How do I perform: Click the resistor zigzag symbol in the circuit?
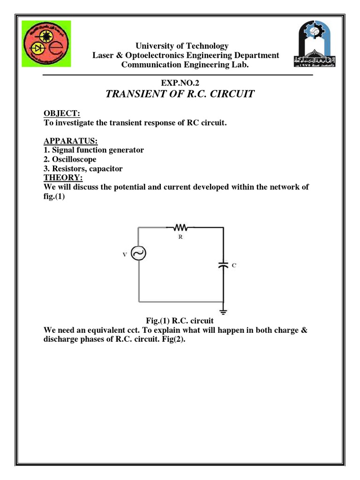(x=180, y=228)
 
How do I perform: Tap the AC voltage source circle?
(x=139, y=254)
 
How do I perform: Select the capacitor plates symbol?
(x=224, y=265)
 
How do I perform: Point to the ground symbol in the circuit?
(x=224, y=310)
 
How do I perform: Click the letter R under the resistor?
(x=180, y=238)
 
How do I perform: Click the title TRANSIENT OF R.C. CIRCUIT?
(x=180, y=94)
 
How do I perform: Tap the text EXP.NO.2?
(x=180, y=82)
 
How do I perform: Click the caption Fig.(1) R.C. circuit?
(x=180, y=321)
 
